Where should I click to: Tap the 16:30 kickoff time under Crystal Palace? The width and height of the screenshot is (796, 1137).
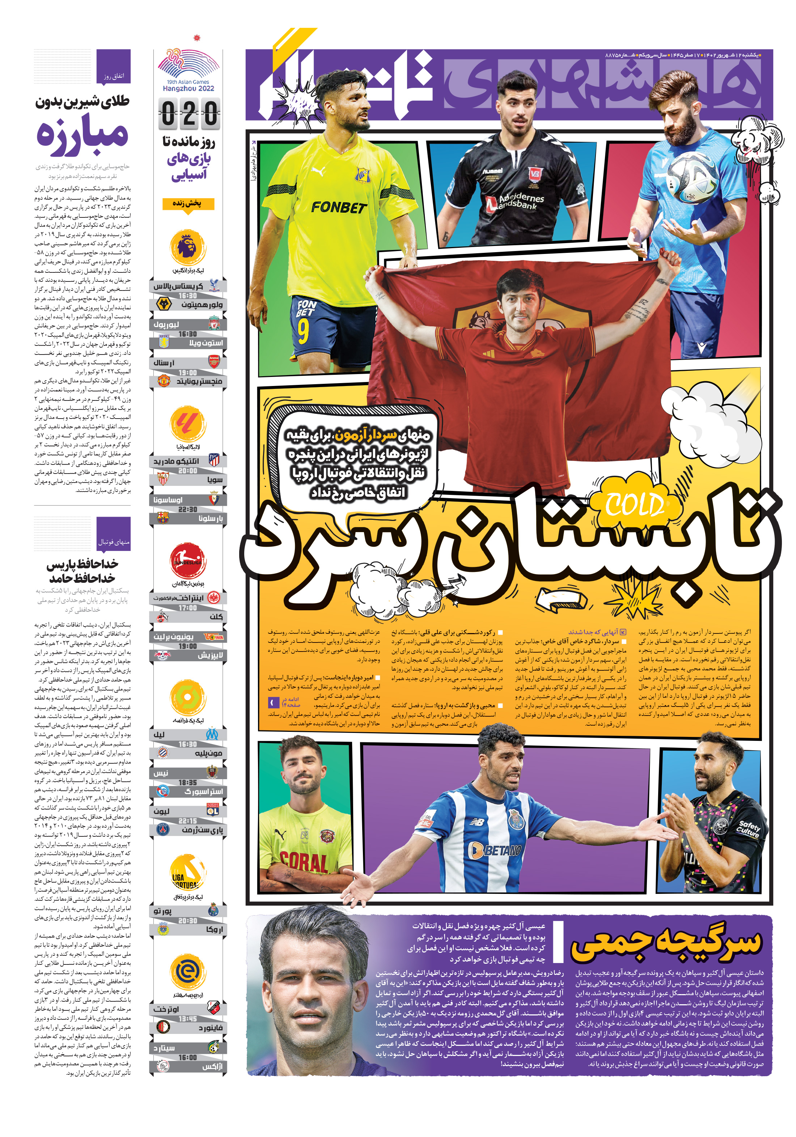(188, 296)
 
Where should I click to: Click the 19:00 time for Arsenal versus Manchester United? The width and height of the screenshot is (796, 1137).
(188, 372)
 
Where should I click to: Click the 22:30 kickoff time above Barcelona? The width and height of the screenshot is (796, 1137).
(188, 509)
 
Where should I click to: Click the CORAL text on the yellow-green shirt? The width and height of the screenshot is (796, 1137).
(303, 862)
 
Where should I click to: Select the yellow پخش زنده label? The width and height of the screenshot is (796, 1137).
(188, 204)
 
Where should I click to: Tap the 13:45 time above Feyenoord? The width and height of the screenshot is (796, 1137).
(188, 1019)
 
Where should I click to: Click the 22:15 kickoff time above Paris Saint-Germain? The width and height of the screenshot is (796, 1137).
(188, 820)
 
